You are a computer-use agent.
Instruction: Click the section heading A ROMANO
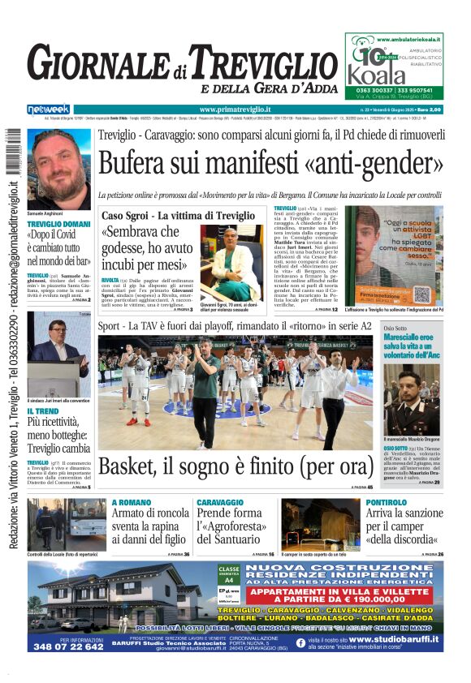131,503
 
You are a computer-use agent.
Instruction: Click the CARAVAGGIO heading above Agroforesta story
219,503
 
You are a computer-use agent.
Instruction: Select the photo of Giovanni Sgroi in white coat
231,264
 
